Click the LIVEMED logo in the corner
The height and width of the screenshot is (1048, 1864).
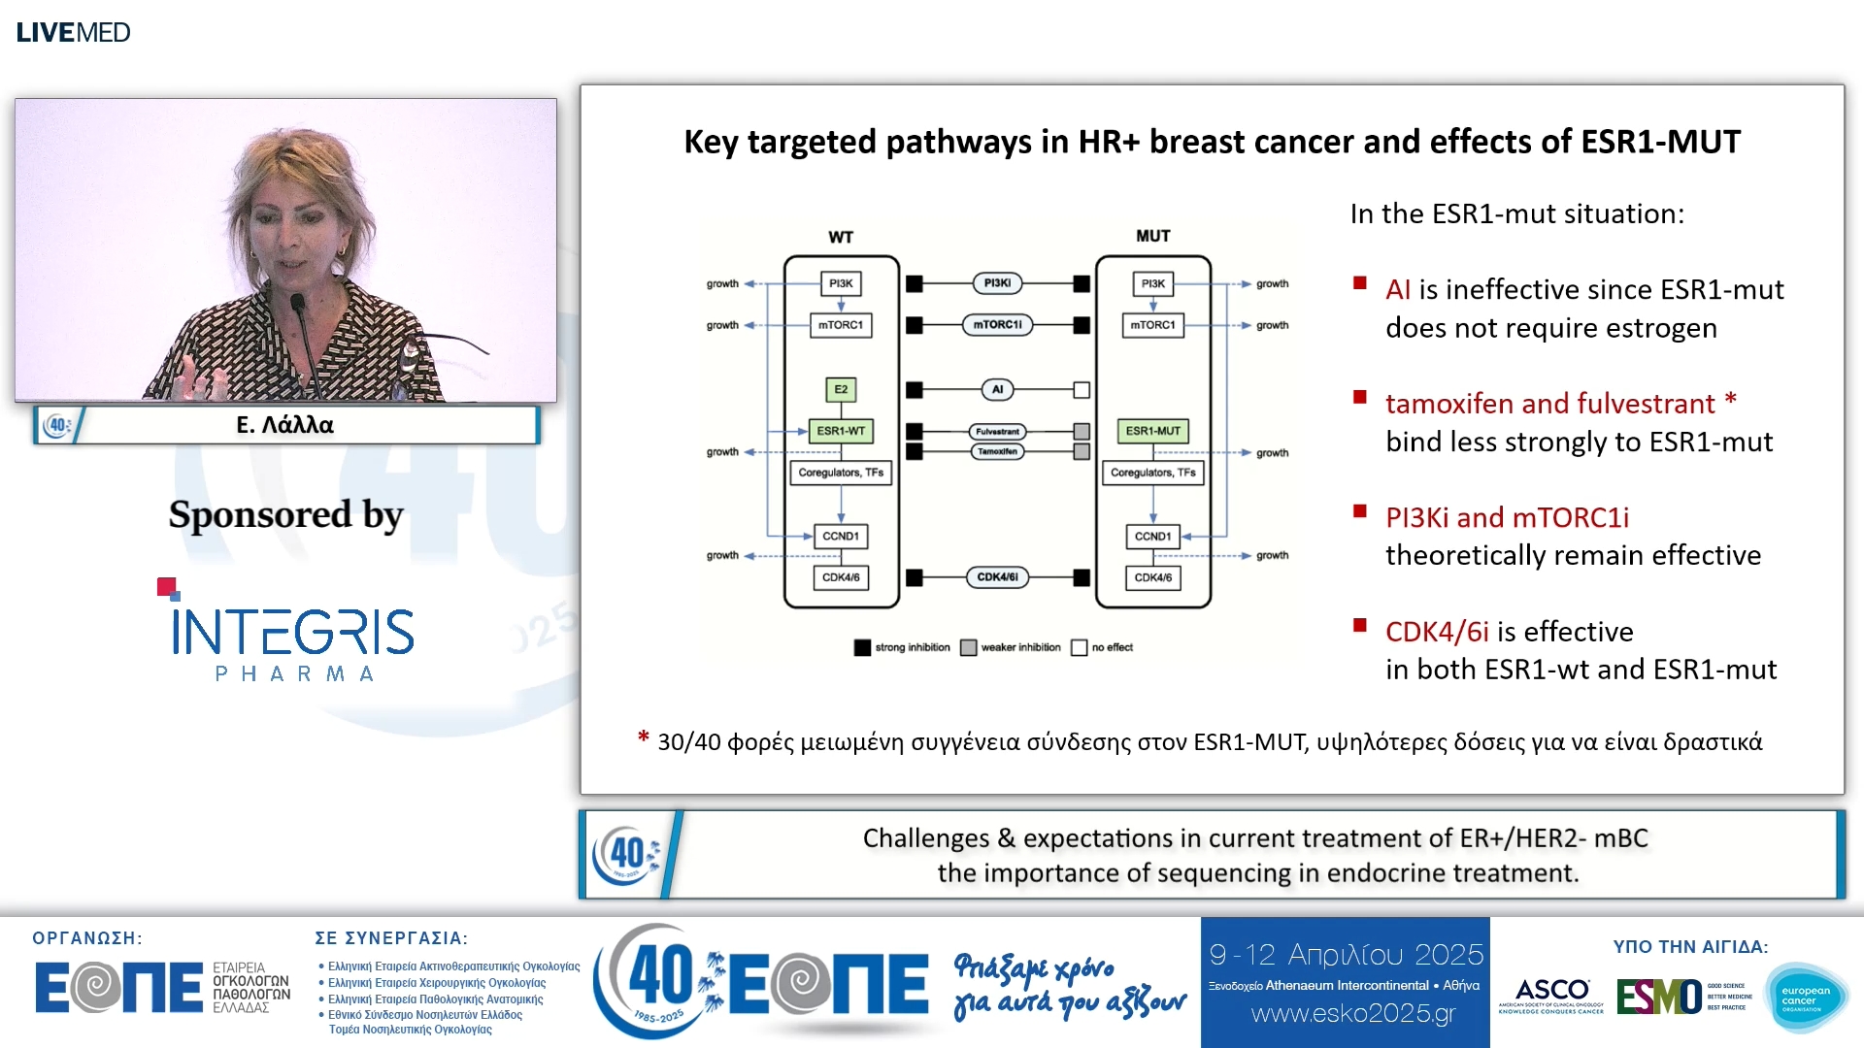[73, 32]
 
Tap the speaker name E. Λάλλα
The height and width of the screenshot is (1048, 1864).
[284, 425]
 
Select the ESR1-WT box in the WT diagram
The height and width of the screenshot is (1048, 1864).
[841, 431]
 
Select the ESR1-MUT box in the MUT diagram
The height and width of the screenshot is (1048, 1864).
[1152, 431]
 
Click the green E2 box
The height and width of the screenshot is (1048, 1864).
[841, 389]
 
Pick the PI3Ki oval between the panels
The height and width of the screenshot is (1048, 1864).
[997, 283]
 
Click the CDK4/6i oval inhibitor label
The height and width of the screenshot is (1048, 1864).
[997, 577]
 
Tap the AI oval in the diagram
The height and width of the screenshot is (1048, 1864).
[997, 389]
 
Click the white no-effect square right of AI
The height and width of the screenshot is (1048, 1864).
[1082, 390]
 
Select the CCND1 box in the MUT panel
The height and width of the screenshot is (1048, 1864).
[1152, 536]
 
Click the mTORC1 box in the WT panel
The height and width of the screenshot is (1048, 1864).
[841, 325]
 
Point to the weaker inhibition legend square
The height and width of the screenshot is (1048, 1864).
[968, 647]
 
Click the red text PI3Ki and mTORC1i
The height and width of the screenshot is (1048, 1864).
[1507, 517]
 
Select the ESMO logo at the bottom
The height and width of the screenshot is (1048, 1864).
[1658, 997]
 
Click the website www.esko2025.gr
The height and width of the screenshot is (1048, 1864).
[1353, 1014]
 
